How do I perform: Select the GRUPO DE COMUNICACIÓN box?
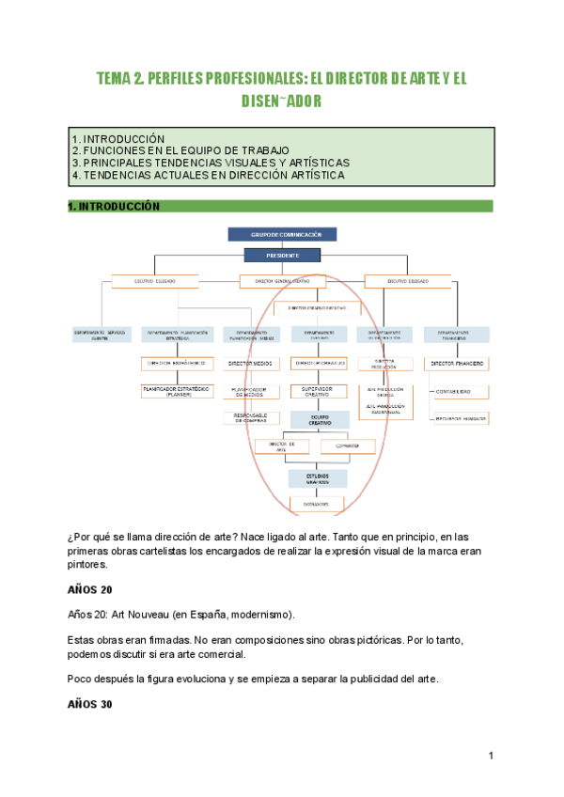click(281, 235)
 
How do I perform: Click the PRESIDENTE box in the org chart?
click(281, 255)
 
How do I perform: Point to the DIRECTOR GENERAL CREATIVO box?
click(281, 281)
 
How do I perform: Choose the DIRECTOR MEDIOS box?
click(251, 362)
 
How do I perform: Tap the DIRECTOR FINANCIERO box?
click(457, 362)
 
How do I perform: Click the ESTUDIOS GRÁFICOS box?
click(317, 478)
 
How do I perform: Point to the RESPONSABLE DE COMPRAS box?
click(251, 418)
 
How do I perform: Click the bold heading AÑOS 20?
click(90, 590)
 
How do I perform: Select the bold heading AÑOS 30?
click(90, 704)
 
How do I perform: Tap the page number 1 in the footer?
click(492, 756)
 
